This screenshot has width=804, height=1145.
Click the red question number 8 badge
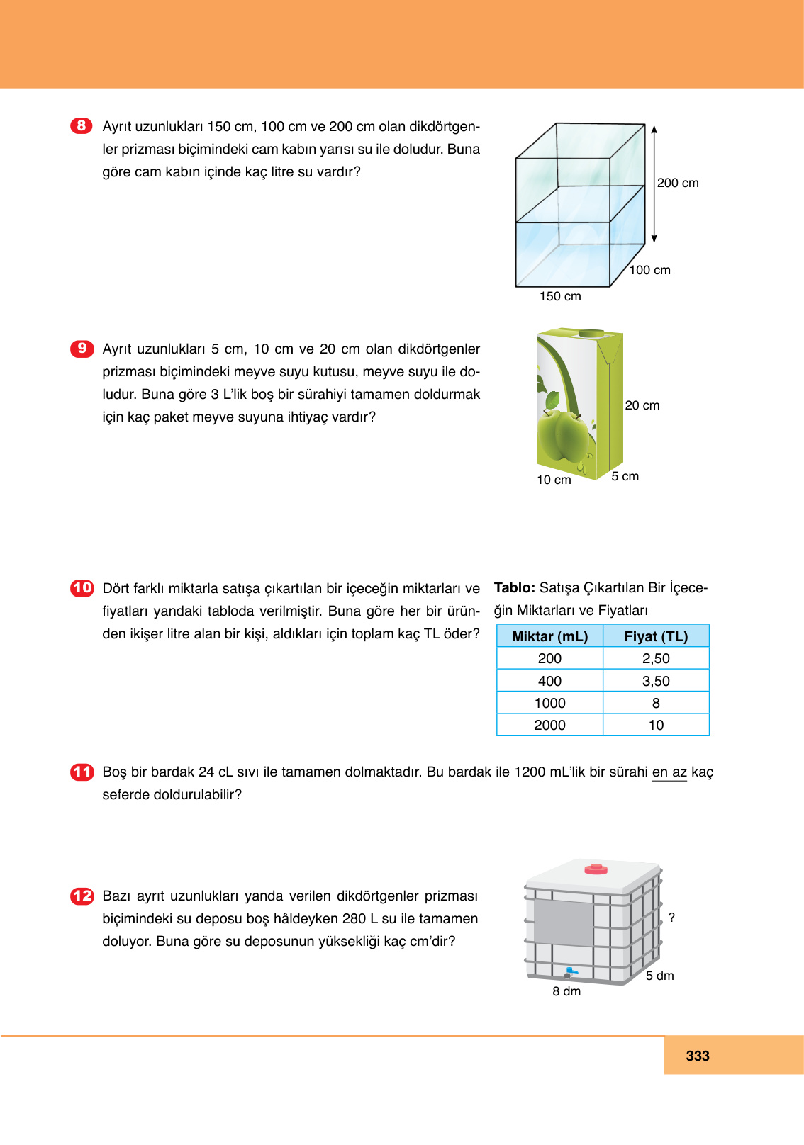coord(82,126)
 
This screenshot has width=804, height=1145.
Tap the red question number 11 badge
coord(82,772)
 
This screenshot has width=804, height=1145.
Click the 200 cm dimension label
coord(677,183)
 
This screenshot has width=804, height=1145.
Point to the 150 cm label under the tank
coord(560,296)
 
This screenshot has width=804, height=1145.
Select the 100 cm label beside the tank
coord(649,270)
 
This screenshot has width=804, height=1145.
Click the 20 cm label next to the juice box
coord(642,405)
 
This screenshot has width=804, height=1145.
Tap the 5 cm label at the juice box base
coord(625,476)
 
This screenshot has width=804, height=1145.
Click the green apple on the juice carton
coord(565,437)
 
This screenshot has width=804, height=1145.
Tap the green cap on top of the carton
coord(591,333)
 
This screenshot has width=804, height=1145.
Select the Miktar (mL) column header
coord(549,636)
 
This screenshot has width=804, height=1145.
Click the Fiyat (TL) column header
coord(656,636)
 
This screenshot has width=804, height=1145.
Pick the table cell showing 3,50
coord(656,681)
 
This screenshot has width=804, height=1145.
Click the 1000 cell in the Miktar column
coord(549,703)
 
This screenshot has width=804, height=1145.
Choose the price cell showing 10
coord(656,725)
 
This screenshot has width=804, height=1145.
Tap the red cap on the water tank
coord(596,869)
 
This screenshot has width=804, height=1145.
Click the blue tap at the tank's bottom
coord(570,971)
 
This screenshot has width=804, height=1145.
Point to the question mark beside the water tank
coord(671,918)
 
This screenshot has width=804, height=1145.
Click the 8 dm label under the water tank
coord(566,991)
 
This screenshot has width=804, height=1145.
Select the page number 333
coord(698,1056)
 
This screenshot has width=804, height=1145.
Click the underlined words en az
coord(669,772)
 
